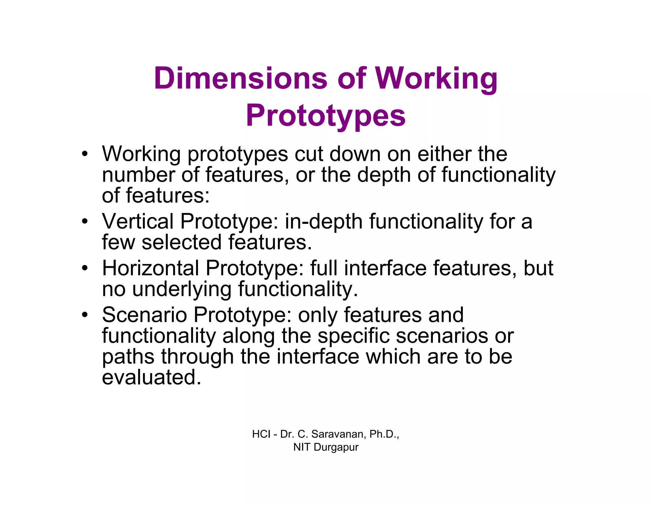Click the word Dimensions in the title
240,78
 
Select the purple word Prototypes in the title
326,116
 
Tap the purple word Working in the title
436,79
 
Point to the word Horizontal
150,268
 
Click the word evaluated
152,377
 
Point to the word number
138,175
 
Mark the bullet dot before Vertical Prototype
84,221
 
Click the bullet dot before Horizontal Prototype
84,268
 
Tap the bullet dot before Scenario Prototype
84,315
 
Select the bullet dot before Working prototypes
84,154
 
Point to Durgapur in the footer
336,447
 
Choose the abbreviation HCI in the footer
261,434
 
